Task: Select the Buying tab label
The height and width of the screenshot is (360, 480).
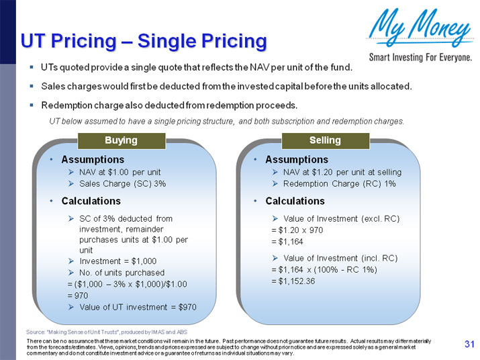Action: pos(121,140)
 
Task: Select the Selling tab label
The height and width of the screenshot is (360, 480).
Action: pos(325,140)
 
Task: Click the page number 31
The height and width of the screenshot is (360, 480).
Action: pos(469,345)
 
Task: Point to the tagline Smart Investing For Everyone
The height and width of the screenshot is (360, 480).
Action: pos(420,57)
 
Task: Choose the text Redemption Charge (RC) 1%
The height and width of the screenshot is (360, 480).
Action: pos(339,183)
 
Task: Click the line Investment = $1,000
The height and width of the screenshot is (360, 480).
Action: pos(117,261)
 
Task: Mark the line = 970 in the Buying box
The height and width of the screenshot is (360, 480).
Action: pos(79,295)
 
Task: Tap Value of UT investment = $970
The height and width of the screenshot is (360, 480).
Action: pos(138,306)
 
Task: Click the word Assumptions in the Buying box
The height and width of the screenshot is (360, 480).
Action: pos(93,160)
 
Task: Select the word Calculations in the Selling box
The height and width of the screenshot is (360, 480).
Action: pos(295,201)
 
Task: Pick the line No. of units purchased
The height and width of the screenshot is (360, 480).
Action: pos(122,273)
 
